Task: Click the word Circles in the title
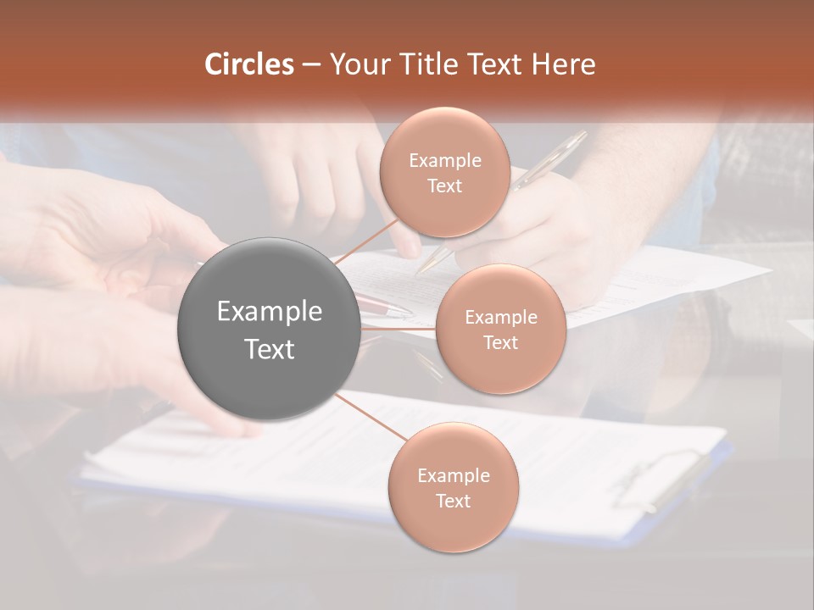[248, 64]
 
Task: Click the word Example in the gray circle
[269, 312]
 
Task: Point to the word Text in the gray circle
[269, 349]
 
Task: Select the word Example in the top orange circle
[444, 161]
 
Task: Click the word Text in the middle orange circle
[500, 343]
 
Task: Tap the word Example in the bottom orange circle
[453, 476]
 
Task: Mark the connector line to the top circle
[366, 241]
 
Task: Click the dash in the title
[310, 64]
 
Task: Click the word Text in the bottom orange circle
[453, 502]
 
